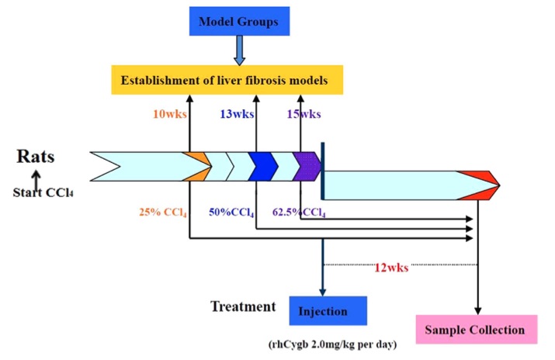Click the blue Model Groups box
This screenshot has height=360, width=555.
click(239, 21)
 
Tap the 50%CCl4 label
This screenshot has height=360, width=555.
click(232, 211)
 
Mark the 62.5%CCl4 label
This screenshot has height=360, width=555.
click(299, 211)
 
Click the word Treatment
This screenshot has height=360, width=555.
click(243, 306)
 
